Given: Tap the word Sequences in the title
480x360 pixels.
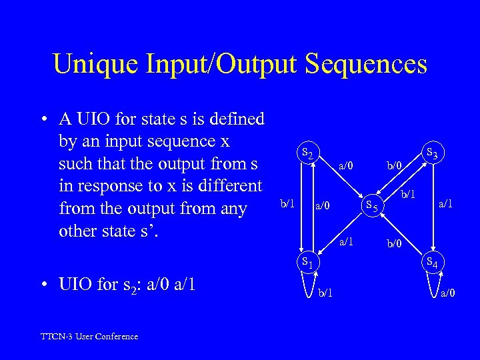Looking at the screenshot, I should pos(367,64).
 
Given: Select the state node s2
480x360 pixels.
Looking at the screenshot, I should pos(307,153).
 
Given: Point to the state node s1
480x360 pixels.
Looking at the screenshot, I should pos(307,262).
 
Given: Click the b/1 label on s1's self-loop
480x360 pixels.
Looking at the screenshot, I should pos(327,292).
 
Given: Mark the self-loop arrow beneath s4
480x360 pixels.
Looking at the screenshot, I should pos(432,285).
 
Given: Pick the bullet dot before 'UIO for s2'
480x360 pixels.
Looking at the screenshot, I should pos(43,285).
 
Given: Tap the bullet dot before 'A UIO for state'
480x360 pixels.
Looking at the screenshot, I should pos(43,120).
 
